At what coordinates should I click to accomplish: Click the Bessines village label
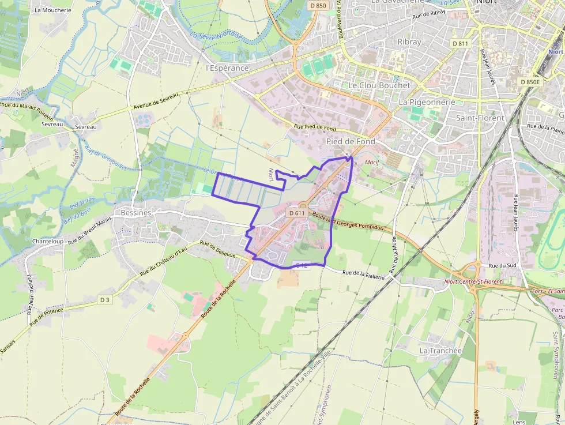[x=136, y=212]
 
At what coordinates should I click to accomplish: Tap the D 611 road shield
[x=296, y=213]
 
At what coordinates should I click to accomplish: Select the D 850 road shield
[x=317, y=6]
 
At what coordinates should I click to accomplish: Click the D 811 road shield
[x=461, y=43]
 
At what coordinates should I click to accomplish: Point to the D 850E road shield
[x=530, y=82]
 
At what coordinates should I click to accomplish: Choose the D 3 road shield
[x=104, y=300]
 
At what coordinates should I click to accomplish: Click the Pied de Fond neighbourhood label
[x=351, y=141]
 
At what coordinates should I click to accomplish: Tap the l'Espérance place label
[x=227, y=68]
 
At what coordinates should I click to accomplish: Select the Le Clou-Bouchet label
[x=379, y=85]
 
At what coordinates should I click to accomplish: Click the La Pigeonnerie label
[x=427, y=102]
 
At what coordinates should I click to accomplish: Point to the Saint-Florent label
[x=480, y=118]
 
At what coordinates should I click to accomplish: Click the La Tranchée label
[x=440, y=351]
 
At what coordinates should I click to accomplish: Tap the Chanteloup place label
[x=48, y=241]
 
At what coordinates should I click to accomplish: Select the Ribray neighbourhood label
[x=409, y=42]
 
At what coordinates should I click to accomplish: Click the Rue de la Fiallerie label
[x=363, y=276]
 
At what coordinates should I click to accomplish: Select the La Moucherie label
[x=53, y=10]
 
